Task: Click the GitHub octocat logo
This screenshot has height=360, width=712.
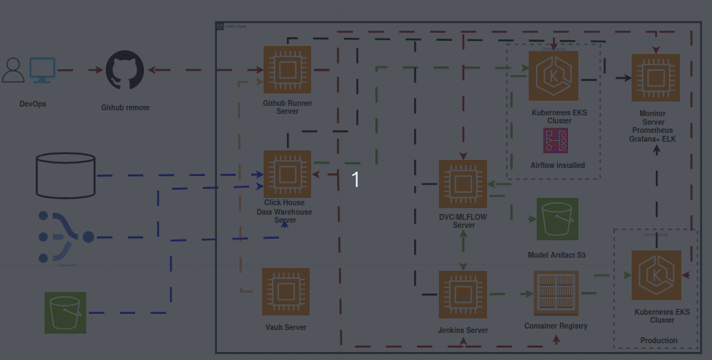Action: tap(126, 71)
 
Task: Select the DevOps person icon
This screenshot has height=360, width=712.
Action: tap(13, 70)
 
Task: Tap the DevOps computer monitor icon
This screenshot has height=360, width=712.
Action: tap(42, 70)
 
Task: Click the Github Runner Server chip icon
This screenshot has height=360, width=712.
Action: tap(287, 70)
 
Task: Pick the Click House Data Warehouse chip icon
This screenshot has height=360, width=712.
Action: tap(287, 175)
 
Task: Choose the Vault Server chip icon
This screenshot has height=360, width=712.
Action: tap(286, 292)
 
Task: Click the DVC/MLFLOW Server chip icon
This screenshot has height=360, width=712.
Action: tap(462, 184)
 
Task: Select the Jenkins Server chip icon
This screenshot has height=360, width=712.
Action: tap(462, 294)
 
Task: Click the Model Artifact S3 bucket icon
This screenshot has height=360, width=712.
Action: tap(557, 219)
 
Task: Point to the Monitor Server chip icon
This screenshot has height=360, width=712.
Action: tap(655, 77)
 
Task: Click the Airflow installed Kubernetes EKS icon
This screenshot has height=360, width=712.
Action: tap(554, 75)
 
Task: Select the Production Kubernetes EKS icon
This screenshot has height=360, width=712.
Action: tap(655, 275)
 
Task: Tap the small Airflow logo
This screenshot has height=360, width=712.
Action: tap(556, 140)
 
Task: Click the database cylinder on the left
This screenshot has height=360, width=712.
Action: tap(66, 175)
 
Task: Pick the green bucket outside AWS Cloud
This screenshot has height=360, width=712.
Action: tap(65, 313)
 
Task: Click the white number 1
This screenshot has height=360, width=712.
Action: tap(356, 179)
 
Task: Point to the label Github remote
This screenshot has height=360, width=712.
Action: tap(125, 107)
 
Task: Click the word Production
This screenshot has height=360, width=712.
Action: tap(658, 340)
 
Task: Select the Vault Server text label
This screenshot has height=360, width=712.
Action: tap(286, 327)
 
